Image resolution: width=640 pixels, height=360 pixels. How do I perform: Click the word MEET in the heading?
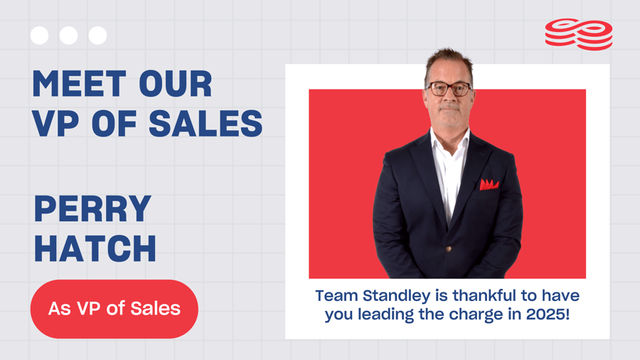79,84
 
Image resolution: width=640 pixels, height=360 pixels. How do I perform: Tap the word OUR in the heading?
176,84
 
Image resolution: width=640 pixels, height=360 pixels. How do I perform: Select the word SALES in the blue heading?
206,123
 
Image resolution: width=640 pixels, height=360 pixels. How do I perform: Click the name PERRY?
92,208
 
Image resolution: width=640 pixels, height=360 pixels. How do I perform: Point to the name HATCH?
95,248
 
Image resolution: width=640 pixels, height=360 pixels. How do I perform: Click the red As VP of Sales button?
114,309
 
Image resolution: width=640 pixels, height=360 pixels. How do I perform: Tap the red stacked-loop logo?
579,34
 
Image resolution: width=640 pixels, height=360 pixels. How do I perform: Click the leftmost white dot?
40,36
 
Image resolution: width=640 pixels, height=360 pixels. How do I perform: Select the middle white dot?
68,36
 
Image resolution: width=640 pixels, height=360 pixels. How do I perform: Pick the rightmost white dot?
98,36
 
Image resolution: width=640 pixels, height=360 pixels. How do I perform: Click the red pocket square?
489,184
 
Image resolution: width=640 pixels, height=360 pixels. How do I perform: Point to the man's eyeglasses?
449,89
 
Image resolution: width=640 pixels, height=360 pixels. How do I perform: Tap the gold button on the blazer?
449,249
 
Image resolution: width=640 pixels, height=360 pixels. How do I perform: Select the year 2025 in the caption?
545,314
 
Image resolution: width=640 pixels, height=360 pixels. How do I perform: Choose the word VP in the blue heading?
56,123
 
